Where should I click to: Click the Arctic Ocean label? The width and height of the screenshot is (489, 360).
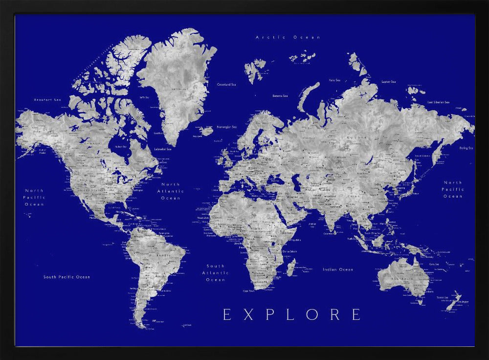(288, 37)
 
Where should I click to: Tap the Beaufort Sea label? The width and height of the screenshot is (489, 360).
(47, 100)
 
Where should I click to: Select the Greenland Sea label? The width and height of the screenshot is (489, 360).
(226, 85)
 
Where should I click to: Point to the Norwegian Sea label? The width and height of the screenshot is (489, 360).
(227, 127)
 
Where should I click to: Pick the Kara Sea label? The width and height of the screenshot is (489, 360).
(334, 80)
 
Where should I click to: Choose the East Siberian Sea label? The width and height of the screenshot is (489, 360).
(438, 102)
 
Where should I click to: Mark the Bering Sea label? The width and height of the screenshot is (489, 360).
(466, 148)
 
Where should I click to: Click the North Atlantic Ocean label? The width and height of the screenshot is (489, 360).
(171, 191)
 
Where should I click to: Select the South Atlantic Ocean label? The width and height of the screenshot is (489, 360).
(215, 273)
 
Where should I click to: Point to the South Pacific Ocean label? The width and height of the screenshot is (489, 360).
(67, 277)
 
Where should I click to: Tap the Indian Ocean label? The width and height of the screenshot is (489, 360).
(337, 270)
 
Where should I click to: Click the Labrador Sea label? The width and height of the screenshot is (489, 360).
(163, 149)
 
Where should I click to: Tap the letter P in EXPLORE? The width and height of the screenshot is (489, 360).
(268, 314)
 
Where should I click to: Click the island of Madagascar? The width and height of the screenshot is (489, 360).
(290, 267)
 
